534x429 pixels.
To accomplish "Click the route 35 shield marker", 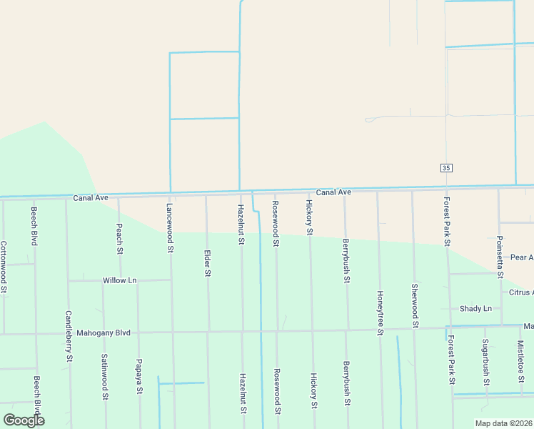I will [x=446, y=167].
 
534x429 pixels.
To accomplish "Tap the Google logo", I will [x=24, y=420].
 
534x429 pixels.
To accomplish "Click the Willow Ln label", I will [x=119, y=280].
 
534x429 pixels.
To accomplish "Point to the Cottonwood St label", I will [x=4, y=267].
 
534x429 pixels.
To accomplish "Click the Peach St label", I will [x=119, y=239].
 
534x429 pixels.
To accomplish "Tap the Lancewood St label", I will [x=170, y=227].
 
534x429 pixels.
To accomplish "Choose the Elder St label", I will [x=207, y=262].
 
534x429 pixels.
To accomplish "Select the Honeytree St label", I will [x=381, y=312].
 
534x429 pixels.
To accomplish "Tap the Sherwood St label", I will [x=415, y=305].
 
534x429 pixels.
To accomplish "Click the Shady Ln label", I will [x=475, y=308].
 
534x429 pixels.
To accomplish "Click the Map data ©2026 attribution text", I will [x=503, y=423].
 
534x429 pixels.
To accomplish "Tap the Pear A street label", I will [x=522, y=257].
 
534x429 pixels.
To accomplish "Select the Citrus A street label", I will [x=520, y=292].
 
